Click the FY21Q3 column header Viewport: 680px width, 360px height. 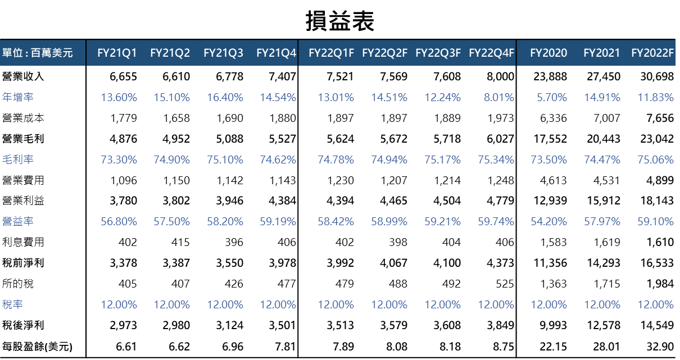[x=223, y=53]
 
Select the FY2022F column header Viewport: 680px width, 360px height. [x=652, y=53]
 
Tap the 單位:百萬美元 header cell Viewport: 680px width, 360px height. [x=38, y=53]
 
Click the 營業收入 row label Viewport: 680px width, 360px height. [x=23, y=76]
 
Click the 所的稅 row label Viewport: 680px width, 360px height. [x=18, y=284]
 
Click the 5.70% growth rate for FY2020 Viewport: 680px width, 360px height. [x=551, y=97]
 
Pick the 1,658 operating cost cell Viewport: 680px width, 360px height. [x=176, y=118]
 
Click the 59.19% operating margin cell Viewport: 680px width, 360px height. [x=278, y=222]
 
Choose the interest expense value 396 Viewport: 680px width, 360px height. [x=234, y=243]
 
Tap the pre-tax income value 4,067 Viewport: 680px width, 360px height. [x=392, y=263]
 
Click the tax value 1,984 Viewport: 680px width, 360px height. [x=659, y=284]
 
